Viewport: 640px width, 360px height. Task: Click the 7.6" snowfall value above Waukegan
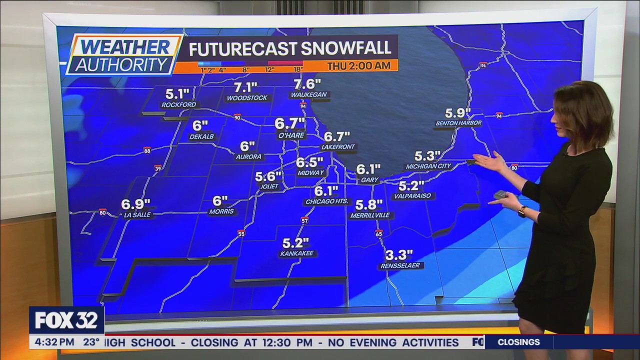click(x=307, y=83)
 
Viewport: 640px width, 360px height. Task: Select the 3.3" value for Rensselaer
click(x=399, y=255)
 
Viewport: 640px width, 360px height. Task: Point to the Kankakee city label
click(x=297, y=253)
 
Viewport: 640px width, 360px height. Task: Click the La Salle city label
click(x=137, y=215)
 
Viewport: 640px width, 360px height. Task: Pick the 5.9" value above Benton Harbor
click(x=458, y=112)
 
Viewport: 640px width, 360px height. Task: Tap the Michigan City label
click(x=428, y=166)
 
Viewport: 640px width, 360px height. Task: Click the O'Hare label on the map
click(x=291, y=135)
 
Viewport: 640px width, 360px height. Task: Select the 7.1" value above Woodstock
click(x=245, y=87)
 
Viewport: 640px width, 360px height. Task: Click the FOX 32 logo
click(x=66, y=320)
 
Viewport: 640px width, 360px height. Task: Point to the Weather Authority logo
click(x=124, y=54)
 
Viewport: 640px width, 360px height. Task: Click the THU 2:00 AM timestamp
click(x=359, y=65)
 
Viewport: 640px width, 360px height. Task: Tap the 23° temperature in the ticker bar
click(x=91, y=342)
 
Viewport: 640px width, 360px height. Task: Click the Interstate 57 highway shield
click(x=304, y=220)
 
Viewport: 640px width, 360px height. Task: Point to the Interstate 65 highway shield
click(x=378, y=233)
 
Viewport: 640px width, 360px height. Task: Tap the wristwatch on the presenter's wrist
click(x=522, y=211)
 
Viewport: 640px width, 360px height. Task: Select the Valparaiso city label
click(x=412, y=196)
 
